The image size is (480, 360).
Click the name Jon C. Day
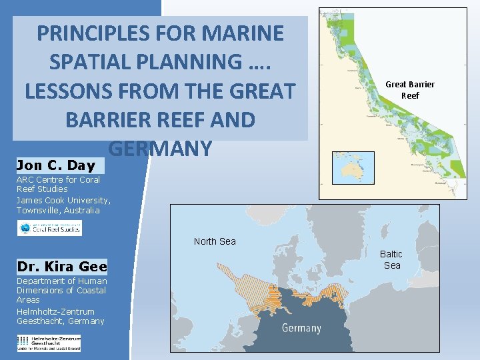(x=56, y=165)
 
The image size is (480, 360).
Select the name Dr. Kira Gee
(x=61, y=267)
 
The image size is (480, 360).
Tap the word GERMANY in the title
(x=159, y=148)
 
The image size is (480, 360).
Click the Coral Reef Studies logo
(x=50, y=228)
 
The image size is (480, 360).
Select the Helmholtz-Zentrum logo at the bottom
(x=49, y=343)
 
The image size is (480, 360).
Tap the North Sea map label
(x=215, y=241)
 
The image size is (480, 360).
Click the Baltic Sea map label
(x=391, y=259)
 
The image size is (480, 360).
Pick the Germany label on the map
(x=301, y=328)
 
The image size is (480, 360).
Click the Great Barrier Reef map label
(x=410, y=89)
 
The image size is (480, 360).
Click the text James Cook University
(x=63, y=200)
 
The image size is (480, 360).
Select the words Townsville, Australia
(x=58, y=210)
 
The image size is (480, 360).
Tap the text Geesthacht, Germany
(x=61, y=321)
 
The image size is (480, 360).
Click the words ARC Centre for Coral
(x=58, y=179)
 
